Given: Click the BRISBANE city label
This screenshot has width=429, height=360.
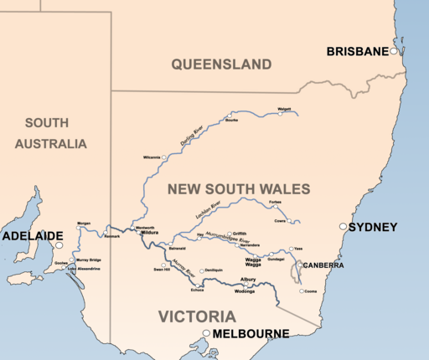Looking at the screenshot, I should tap(357, 51).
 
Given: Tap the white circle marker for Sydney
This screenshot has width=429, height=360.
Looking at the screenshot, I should tap(343, 227).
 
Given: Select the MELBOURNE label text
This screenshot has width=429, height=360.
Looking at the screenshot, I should tap(250, 334).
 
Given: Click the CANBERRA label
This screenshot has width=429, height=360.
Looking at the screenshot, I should tap(323, 265).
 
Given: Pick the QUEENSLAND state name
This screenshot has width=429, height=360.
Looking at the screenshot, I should tap(221, 64).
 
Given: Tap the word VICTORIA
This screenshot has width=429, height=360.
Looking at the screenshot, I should tap(197, 316).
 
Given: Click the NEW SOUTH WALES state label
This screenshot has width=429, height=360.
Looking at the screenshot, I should tap(239, 189).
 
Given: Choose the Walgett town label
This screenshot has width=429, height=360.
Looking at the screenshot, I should tap(284, 108).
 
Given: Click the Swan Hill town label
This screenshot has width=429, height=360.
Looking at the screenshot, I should tap(162, 270).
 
